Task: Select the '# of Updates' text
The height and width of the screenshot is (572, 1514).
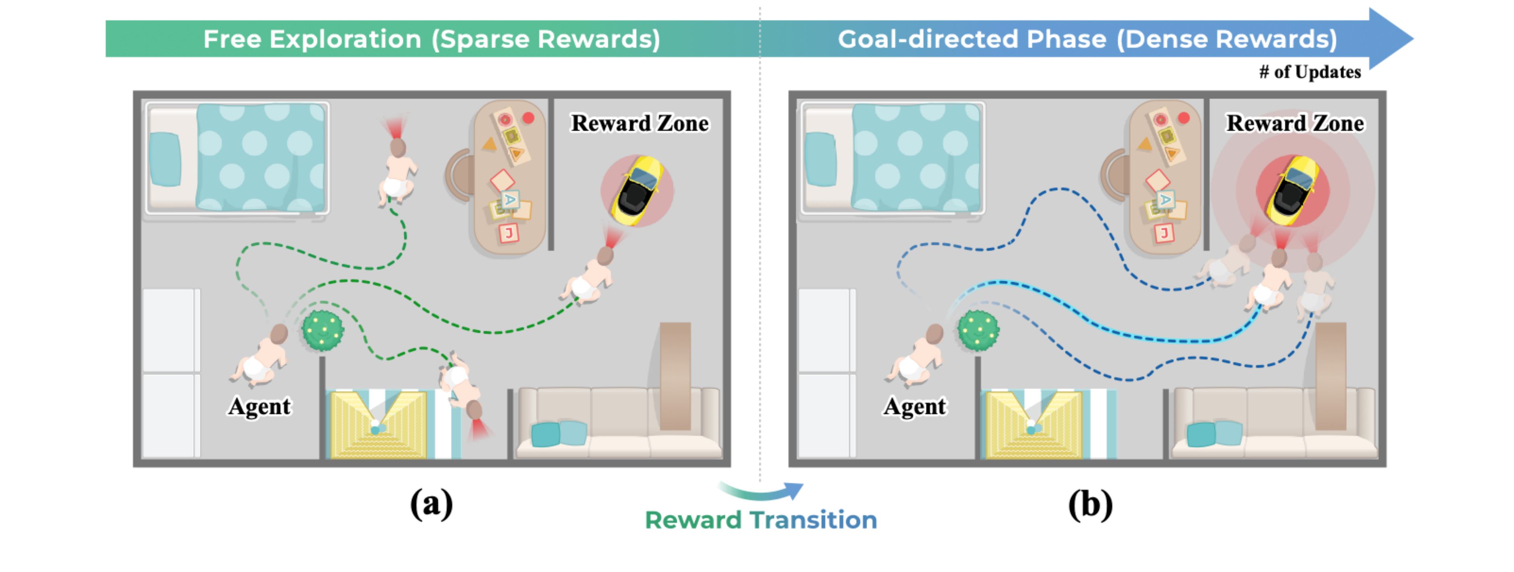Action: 1310,71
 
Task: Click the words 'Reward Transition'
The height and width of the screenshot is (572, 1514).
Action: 761,520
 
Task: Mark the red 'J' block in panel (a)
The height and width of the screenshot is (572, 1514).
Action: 509,233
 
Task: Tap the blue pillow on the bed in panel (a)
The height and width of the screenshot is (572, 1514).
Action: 165,159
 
